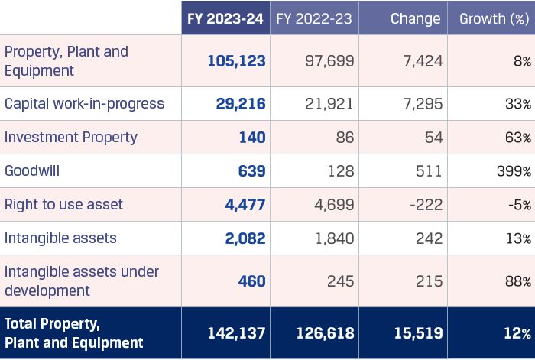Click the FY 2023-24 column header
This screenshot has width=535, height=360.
pos(226,18)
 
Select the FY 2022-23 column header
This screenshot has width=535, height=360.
pos(314,18)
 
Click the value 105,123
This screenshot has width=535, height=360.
pos(236,61)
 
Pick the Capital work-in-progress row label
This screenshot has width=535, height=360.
pos(84,104)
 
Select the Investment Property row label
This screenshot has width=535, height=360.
pos(71,138)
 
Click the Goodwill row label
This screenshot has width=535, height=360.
pos(32,171)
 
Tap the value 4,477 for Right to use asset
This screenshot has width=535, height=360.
pos(245,205)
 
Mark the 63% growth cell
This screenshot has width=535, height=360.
pos(517,138)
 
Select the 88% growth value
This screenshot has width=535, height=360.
pos(517,281)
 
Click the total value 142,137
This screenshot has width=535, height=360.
pos(236,333)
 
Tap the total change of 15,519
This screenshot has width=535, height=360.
pos(417,333)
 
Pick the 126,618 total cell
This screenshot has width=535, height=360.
pos(324,333)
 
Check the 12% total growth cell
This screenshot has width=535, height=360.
pos(517,333)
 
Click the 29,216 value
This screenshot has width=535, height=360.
pos(241,104)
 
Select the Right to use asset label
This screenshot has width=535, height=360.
pos(63,205)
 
